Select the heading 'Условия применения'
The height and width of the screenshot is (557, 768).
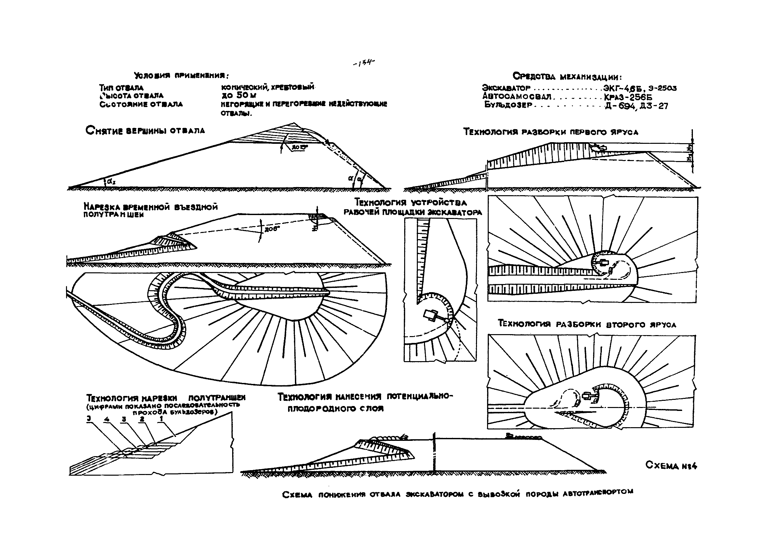181,75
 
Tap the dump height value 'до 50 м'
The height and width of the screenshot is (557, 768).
238,96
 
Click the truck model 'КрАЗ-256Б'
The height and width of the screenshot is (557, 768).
628,97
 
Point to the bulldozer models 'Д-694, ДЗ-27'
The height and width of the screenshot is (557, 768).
636,106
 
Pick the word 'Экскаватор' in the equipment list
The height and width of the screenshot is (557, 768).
506,88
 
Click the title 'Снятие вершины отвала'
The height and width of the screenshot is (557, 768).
145,131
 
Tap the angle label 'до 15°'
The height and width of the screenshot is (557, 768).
299,147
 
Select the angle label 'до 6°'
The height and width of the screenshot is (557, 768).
271,229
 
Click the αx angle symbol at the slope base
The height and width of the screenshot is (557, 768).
110,182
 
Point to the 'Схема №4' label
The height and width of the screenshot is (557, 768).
671,466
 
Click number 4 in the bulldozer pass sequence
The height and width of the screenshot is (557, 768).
107,419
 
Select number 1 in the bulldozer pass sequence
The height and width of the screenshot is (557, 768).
161,418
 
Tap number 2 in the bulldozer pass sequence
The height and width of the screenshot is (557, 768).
142,419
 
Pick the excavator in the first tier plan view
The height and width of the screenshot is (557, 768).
602,262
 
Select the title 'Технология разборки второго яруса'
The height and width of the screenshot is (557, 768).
587,324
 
